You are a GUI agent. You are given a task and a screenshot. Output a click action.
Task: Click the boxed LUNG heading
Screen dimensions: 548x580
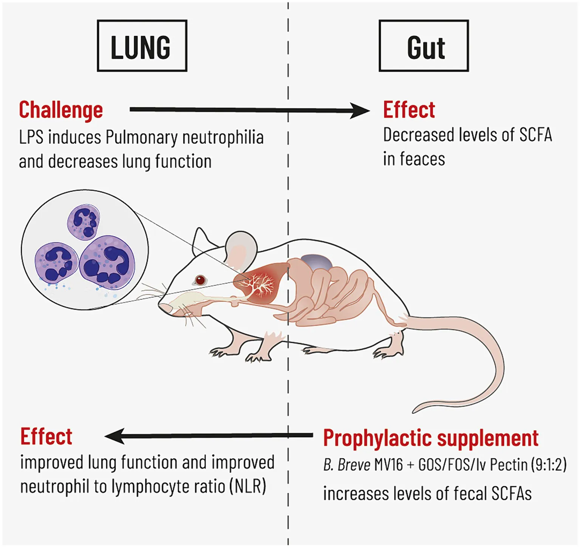[x=142, y=46]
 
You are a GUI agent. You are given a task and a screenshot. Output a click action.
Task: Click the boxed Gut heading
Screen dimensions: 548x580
[x=424, y=46]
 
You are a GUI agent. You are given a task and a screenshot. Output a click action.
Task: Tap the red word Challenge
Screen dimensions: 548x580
[x=61, y=110]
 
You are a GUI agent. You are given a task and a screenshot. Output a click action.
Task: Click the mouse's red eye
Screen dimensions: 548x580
[x=200, y=280]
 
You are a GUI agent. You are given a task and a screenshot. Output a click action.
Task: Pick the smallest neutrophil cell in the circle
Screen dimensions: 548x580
[x=84, y=221]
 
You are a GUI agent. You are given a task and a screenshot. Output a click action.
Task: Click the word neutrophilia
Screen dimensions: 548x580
[x=223, y=138]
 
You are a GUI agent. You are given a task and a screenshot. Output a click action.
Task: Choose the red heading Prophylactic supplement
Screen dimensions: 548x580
[x=430, y=438]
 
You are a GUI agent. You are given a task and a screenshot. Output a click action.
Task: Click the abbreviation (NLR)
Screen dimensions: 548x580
[x=247, y=486]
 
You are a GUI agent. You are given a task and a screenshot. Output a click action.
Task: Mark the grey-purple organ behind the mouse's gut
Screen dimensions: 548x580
[x=317, y=262]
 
